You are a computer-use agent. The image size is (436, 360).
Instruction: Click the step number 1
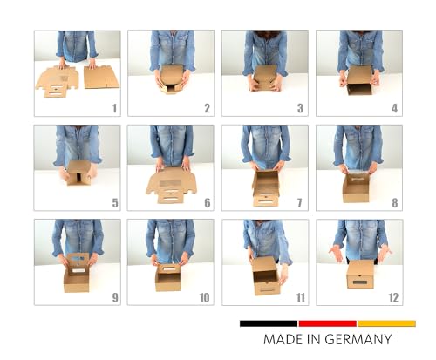(114, 108)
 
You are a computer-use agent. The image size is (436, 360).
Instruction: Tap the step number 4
(394, 108)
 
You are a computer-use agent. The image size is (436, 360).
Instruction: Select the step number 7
(300, 203)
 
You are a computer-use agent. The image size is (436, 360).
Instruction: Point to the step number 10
(204, 297)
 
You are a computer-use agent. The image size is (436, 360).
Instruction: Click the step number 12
(393, 297)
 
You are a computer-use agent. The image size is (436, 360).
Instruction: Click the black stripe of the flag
(269, 323)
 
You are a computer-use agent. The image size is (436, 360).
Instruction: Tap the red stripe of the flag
(328, 323)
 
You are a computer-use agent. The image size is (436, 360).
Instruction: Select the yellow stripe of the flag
(386, 323)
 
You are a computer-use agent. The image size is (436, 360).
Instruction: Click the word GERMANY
(358, 339)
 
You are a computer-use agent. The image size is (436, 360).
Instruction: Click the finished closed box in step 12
(360, 275)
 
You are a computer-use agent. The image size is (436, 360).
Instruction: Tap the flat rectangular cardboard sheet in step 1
(101, 77)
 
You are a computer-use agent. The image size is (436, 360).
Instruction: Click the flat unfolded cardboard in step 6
(171, 185)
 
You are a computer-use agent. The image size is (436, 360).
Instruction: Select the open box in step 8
(356, 188)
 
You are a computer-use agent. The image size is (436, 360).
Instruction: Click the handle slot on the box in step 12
(359, 282)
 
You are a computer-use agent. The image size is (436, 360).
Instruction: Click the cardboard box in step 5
(78, 173)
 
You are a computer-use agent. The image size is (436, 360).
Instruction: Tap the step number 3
(300, 108)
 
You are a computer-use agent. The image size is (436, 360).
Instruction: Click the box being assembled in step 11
(266, 275)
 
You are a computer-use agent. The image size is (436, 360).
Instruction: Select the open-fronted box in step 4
(360, 80)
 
